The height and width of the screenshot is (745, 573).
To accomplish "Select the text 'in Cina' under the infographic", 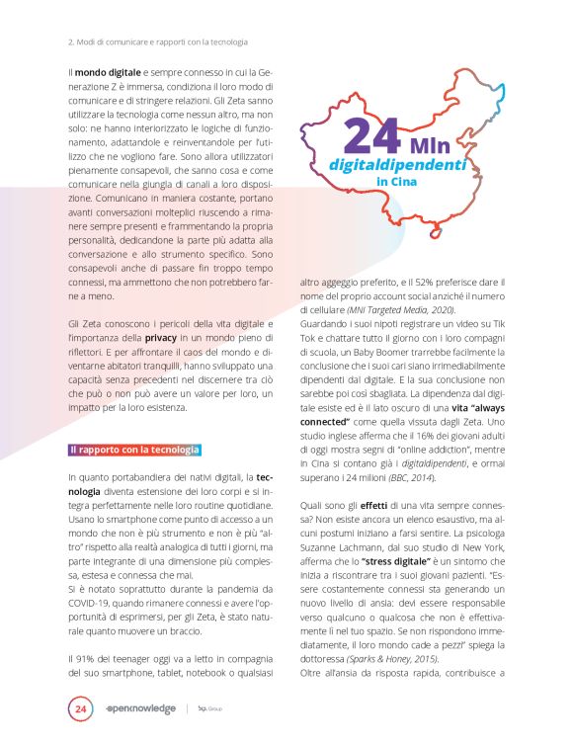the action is click(x=396, y=182).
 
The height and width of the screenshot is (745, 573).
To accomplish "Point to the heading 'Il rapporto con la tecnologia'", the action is click(x=134, y=450).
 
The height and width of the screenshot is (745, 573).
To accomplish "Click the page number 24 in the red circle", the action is click(x=80, y=707).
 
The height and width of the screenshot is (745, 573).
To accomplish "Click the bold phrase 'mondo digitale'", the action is click(x=110, y=73).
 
